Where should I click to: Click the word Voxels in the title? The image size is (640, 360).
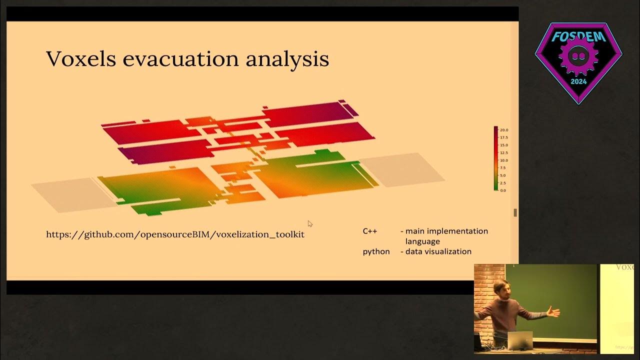pyautogui.click(x=81, y=59)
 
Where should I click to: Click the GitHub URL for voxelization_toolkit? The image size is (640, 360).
pyautogui.click(x=175, y=234)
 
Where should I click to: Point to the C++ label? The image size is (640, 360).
pyautogui.click(x=370, y=231)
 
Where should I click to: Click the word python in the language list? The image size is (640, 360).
pyautogui.click(x=376, y=251)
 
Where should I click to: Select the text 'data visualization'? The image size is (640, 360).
pyautogui.click(x=438, y=251)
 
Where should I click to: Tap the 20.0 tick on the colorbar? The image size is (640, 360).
pyautogui.click(x=504, y=130)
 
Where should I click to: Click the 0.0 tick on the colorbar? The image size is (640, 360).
pyautogui.click(x=503, y=190)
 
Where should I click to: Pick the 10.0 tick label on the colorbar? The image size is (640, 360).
pyautogui.click(x=504, y=160)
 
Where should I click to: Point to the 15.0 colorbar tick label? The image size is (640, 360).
pyautogui.click(x=504, y=145)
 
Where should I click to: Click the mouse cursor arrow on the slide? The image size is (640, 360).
pyautogui.click(x=310, y=223)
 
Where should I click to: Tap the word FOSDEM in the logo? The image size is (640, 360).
pyautogui.click(x=578, y=36)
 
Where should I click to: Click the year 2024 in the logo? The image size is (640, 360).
pyautogui.click(x=578, y=81)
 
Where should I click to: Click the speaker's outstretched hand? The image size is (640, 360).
pyautogui.click(x=553, y=312)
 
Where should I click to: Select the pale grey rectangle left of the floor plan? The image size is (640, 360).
pyautogui.click(x=72, y=195)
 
